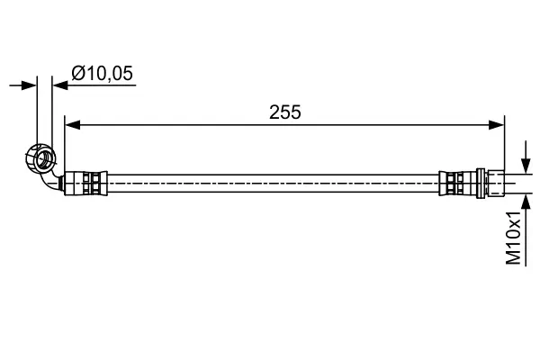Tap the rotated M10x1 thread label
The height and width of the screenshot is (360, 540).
(514, 238)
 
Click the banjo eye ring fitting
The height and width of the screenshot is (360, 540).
(41, 157)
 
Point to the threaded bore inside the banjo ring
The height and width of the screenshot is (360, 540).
(40, 159)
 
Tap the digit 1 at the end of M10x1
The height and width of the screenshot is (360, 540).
(514, 216)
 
